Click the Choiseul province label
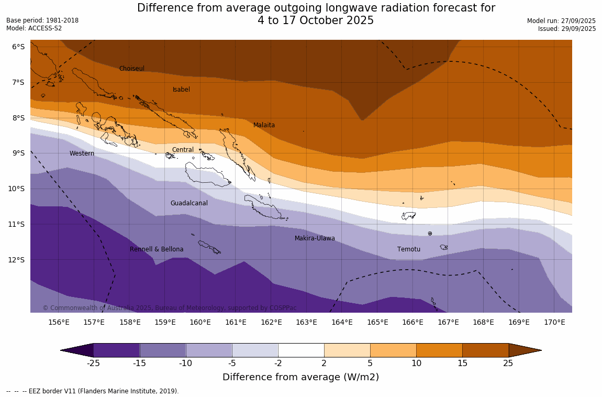[131, 69]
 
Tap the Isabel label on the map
[181, 90]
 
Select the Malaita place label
[264, 125]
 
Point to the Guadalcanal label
[189, 203]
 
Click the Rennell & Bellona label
[157, 249]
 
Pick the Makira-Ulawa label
[315, 238]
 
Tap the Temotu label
[408, 249]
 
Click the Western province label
[82, 153]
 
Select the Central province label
[183, 150]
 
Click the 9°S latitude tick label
[18, 153]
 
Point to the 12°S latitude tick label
[18, 259]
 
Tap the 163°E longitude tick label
[306, 322]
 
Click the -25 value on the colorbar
[93, 363]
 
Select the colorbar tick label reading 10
[416, 363]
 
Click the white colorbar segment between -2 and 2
[301, 350]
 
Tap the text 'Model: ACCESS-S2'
[34, 28]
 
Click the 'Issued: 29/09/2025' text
[566, 29]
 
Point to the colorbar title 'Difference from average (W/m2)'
[300, 377]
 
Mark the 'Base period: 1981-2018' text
[42, 20]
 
